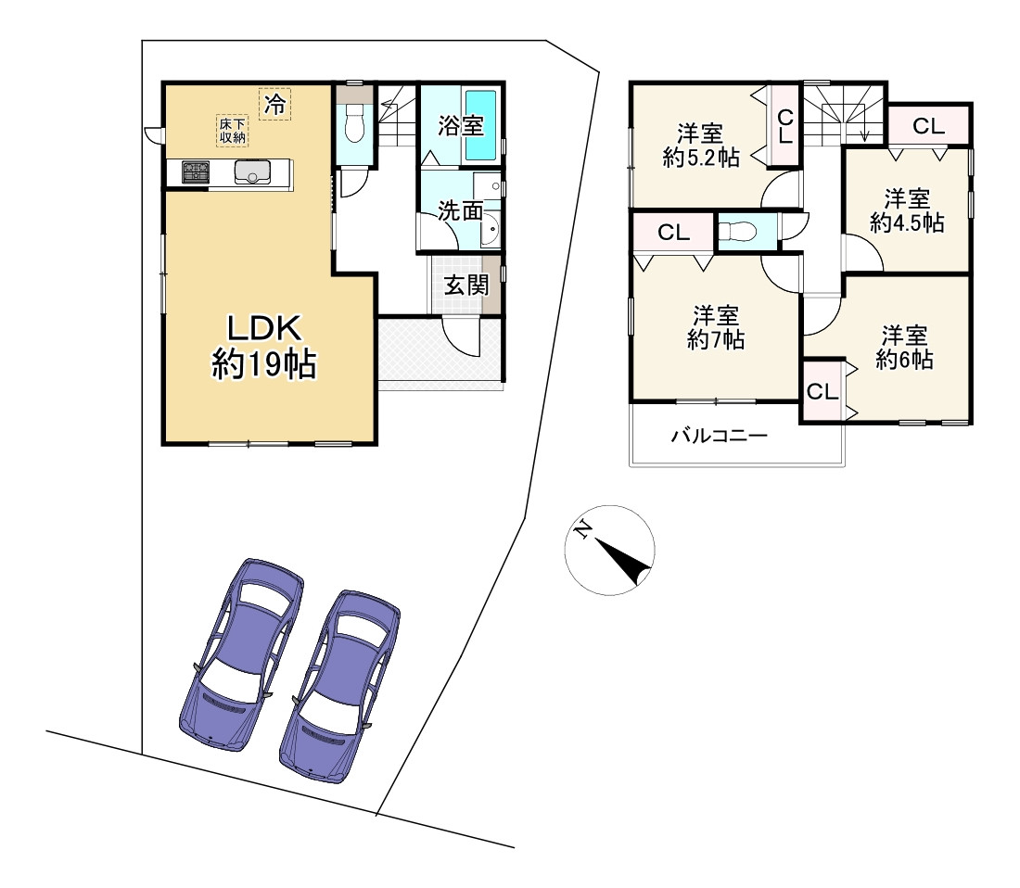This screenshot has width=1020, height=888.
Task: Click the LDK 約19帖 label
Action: (x=264, y=347)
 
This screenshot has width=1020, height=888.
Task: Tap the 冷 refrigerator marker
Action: (x=275, y=104)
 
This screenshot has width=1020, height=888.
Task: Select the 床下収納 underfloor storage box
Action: (x=232, y=131)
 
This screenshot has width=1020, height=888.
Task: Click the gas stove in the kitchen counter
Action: (x=195, y=171)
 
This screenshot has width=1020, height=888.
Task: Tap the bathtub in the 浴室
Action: (x=480, y=125)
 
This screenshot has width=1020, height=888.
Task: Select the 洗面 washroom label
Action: (x=460, y=210)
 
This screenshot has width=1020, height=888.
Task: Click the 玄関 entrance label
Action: (x=466, y=285)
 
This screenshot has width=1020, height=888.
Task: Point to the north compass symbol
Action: (x=609, y=551)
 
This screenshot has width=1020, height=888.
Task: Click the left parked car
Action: (x=241, y=654)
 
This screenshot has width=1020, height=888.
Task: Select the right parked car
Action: (x=339, y=686)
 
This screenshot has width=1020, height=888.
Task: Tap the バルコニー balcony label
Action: (x=720, y=435)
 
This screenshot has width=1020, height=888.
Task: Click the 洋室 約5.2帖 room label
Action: (x=701, y=145)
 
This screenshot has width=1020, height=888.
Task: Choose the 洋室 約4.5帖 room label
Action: (x=907, y=210)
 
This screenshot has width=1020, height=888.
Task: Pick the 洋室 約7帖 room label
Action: (x=716, y=327)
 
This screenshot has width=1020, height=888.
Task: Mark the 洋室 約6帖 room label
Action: (x=904, y=348)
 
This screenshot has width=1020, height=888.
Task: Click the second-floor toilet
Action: (x=746, y=231)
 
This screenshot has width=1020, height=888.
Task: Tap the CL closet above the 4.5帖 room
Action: (x=928, y=125)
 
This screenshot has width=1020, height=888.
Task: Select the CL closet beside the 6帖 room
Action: (x=822, y=391)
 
